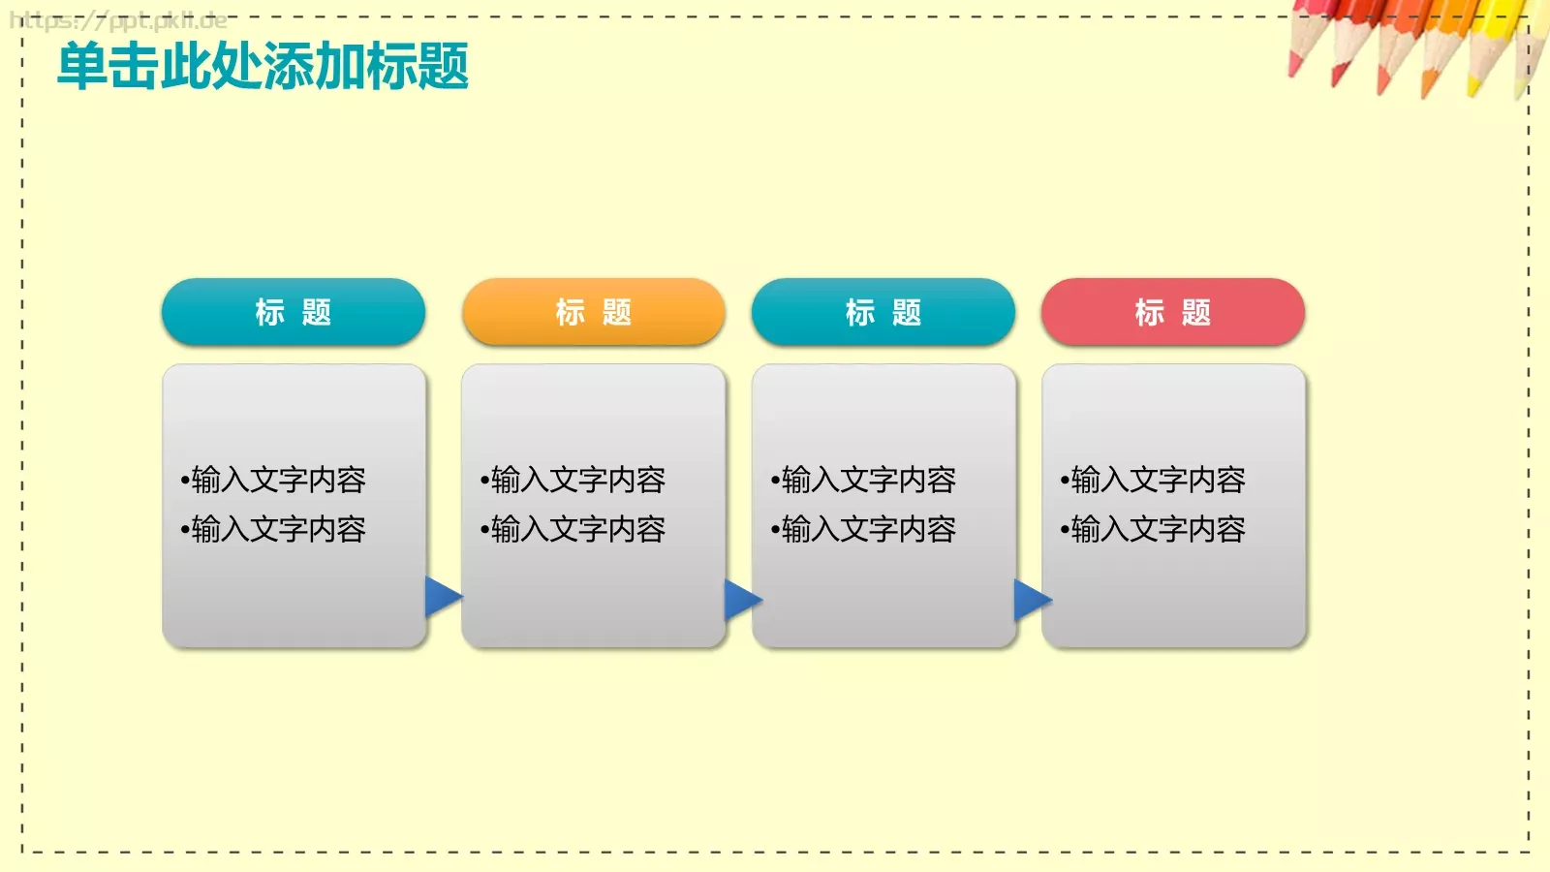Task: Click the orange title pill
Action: coord(593,312)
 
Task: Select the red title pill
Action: coord(1172,312)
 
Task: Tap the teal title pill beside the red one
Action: coord(883,312)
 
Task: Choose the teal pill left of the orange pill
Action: coord(293,312)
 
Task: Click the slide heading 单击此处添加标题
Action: coord(263,66)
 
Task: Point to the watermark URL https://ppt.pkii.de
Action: coord(118,20)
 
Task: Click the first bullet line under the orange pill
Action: coord(573,480)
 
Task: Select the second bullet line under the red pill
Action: coord(1153,529)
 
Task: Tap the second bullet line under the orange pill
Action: coord(573,529)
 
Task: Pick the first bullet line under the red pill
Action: coord(1153,480)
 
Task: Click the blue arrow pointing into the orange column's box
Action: coord(443,597)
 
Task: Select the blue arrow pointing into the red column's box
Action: coord(1032,600)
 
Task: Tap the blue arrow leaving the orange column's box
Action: coord(742,600)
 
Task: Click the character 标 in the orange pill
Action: coord(570,312)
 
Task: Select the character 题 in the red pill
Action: coord(1196,312)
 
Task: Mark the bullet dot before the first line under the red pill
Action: coord(1065,481)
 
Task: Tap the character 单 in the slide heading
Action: coord(82,66)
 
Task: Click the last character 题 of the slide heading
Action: coord(443,66)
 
